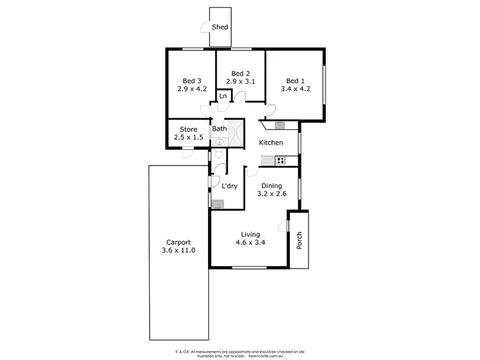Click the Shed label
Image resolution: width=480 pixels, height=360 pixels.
click(220, 27)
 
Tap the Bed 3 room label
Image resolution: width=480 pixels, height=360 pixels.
click(192, 81)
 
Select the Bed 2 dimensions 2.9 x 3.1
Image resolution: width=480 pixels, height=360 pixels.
click(240, 81)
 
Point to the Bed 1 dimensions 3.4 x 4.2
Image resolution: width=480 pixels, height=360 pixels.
click(296, 89)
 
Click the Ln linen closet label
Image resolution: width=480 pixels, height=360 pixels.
click(223, 96)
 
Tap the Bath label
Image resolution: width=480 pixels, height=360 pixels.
click(219, 129)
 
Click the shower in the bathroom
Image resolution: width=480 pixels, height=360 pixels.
click(236, 132)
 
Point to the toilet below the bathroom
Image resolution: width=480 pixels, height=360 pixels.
click(218, 155)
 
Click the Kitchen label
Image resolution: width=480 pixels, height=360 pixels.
click(271, 142)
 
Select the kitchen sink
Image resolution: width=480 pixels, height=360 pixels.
click(280, 125)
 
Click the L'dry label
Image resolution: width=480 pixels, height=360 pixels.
click(230, 186)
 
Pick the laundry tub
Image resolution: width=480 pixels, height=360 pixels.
click(218, 204)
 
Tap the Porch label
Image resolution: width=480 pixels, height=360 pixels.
click(299, 241)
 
